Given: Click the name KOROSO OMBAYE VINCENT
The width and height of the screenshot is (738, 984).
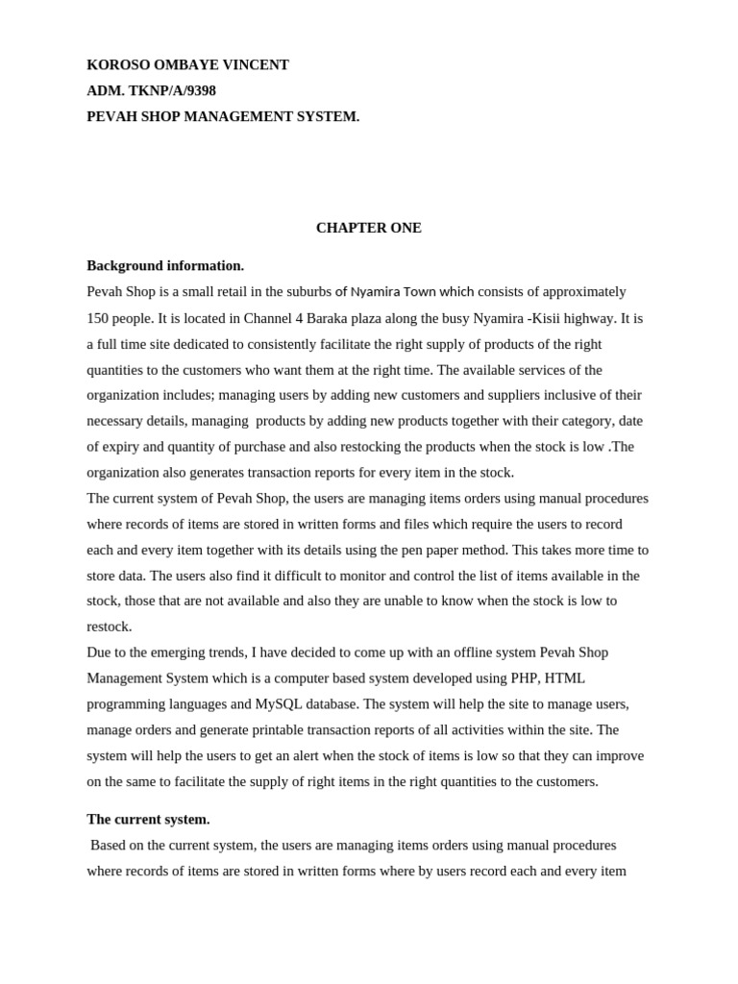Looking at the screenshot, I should click(187, 65).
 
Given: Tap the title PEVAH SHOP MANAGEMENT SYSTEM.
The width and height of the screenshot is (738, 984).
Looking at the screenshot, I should click(223, 117).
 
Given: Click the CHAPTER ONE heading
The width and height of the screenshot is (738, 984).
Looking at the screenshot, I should click(368, 229).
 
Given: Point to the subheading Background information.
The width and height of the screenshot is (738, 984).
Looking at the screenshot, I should click(165, 266).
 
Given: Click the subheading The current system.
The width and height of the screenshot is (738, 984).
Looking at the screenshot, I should click(148, 820).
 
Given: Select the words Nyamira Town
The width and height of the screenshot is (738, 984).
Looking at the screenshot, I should click(393, 292).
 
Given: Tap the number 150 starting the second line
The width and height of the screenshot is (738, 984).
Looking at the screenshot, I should click(98, 318).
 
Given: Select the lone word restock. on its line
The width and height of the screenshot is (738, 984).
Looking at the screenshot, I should click(110, 627).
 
